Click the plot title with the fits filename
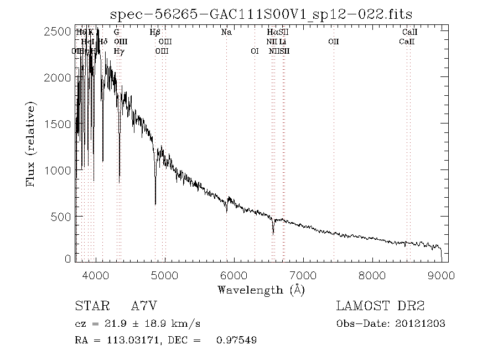pyautogui.click(x=261, y=14)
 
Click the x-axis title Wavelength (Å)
pyautogui.click(x=261, y=290)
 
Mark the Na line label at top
pyautogui.click(x=226, y=32)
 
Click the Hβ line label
pyautogui.click(x=155, y=32)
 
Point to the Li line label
pyautogui.click(x=282, y=42)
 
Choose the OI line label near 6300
pyautogui.click(x=255, y=51)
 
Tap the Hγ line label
pyautogui.click(x=118, y=51)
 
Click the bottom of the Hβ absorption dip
pyautogui.click(x=155, y=204)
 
